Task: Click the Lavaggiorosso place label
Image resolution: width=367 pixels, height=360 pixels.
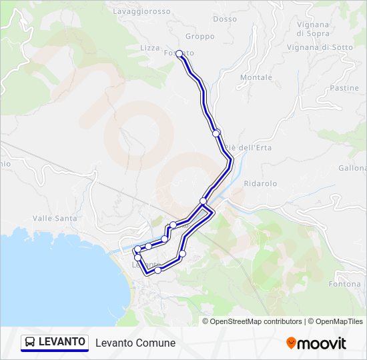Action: click(142, 11)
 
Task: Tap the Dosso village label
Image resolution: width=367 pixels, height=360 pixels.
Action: click(225, 19)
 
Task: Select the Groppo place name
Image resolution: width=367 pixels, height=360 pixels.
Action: click(200, 36)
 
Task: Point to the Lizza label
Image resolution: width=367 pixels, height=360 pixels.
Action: click(150, 48)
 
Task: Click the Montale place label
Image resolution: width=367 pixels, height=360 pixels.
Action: click(256, 77)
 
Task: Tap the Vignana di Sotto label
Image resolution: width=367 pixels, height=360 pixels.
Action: click(320, 47)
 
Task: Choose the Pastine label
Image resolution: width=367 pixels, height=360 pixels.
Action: click(344, 88)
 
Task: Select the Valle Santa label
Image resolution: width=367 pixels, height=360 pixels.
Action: click(55, 218)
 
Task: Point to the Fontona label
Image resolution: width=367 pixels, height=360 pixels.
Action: click(345, 284)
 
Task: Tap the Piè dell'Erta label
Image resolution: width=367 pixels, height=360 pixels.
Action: click(241, 147)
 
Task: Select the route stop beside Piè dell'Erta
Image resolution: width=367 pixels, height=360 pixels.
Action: click(216, 133)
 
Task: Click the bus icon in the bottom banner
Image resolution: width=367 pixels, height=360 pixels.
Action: click(31, 343)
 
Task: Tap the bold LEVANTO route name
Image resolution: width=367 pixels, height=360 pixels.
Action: click(61, 342)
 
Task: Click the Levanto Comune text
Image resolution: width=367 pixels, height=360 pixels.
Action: click(135, 343)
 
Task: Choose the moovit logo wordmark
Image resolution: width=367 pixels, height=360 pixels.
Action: click(322, 343)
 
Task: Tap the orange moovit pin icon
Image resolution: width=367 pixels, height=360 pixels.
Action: click(291, 343)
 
